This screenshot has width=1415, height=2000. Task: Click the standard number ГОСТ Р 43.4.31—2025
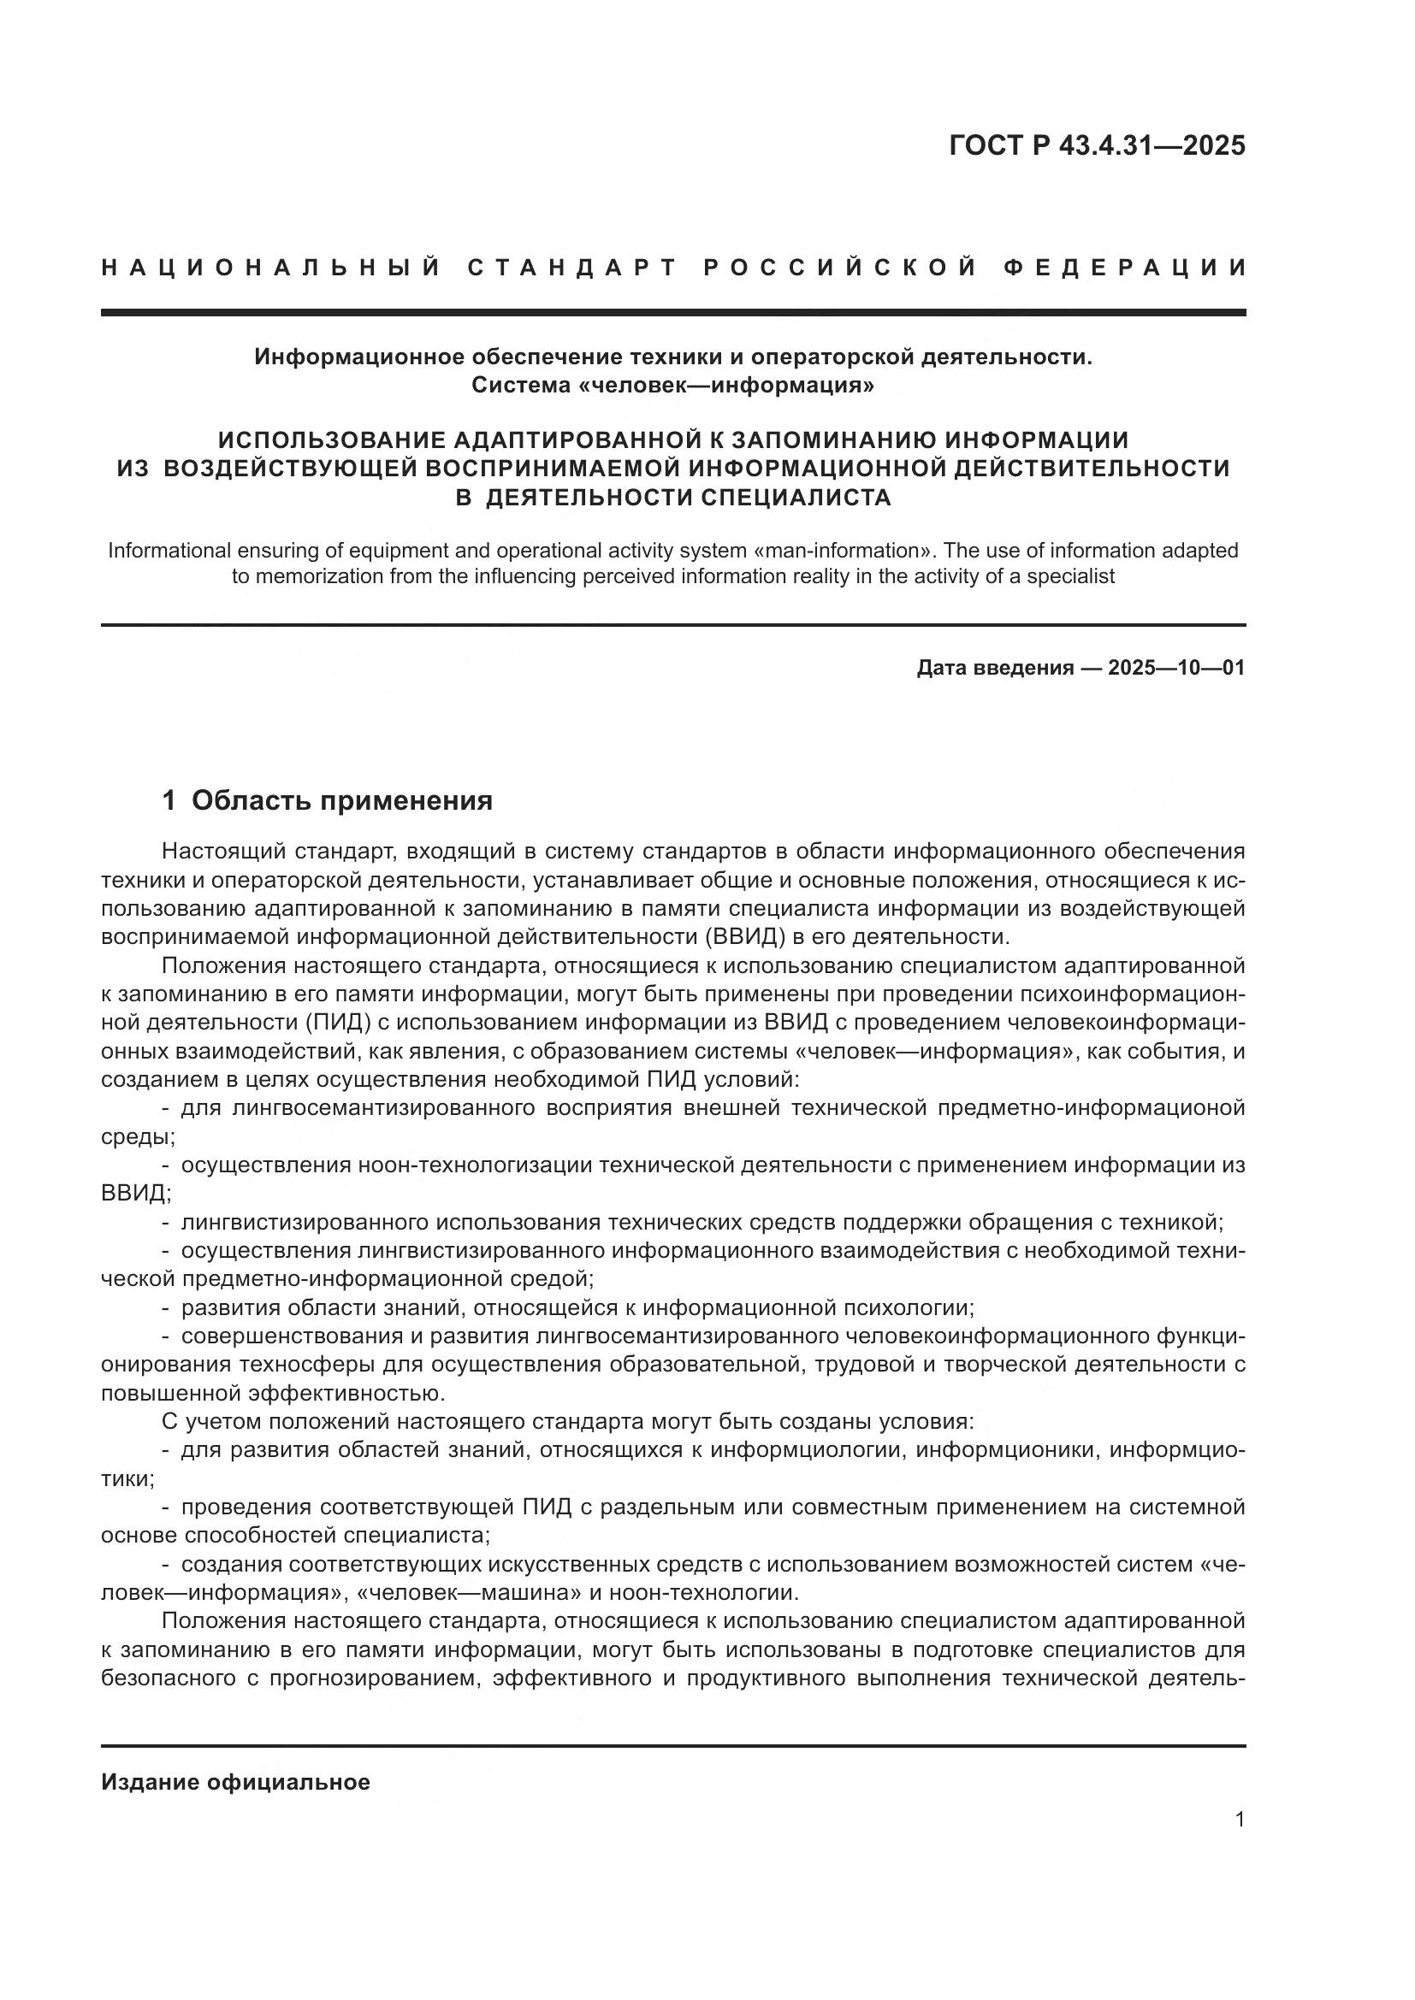(x=1097, y=145)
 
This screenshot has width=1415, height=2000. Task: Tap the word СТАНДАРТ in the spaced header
(x=571, y=268)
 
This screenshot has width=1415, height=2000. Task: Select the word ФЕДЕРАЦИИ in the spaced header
(x=1126, y=268)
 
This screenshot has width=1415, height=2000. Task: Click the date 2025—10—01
(x=1176, y=668)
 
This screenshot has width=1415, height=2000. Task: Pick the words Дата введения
(x=995, y=668)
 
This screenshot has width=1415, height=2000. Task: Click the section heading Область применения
(x=342, y=799)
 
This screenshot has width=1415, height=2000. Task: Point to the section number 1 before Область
(x=170, y=799)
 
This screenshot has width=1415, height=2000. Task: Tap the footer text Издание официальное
(x=235, y=1782)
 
